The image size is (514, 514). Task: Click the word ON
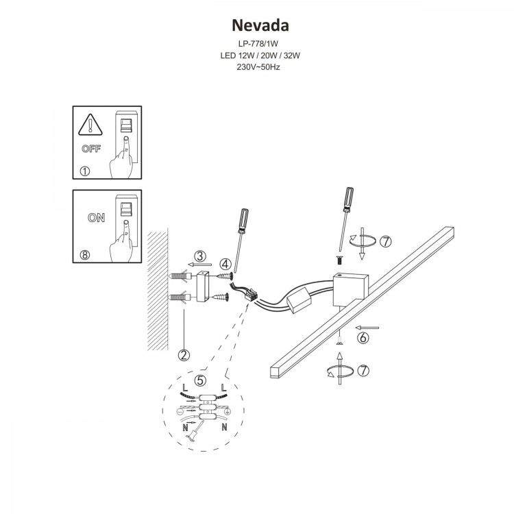[x=96, y=219]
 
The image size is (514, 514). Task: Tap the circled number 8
[x=85, y=255]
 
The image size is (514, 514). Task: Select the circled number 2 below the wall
[x=183, y=354]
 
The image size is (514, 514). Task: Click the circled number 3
[x=199, y=256]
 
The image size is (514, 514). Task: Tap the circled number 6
[x=364, y=337]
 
